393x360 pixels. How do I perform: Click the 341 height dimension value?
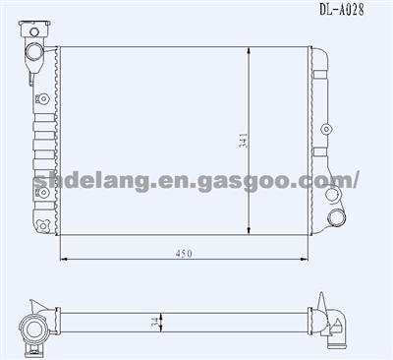point(241,142)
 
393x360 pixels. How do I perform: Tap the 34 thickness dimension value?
point(153,321)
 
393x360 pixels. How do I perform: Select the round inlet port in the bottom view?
point(33,328)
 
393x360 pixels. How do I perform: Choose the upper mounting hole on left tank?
point(43,98)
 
